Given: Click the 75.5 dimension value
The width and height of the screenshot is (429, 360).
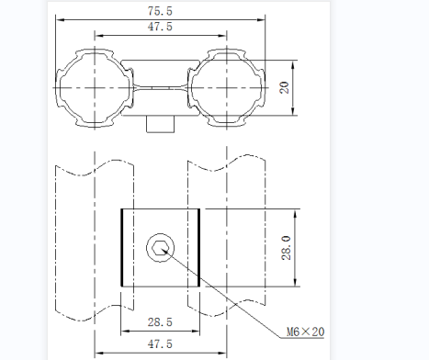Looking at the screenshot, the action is tap(160, 11).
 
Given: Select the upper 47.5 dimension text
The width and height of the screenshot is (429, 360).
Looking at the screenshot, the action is tap(160, 27).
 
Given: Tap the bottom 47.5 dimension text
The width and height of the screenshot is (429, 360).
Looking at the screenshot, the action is tap(160, 344).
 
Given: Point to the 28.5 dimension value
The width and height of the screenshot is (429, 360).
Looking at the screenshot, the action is tap(160, 322).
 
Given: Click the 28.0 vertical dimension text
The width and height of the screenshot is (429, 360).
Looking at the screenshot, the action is tap(286, 248).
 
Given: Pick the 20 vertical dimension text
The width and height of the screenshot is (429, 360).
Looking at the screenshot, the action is tap(285, 87).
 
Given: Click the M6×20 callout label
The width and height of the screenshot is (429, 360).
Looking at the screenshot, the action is tap(305, 332).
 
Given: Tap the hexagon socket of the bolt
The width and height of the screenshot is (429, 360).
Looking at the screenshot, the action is tap(160, 247).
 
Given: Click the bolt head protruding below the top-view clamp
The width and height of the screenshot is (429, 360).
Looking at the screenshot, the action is tap(160, 124).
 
